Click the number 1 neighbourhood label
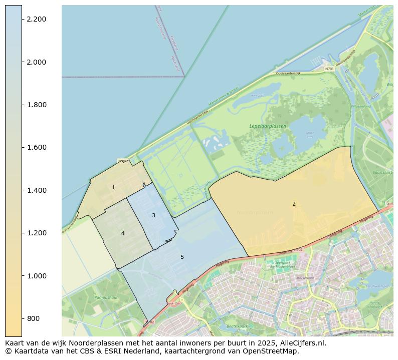(113, 187)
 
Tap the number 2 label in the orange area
(294, 204)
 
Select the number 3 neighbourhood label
(153, 215)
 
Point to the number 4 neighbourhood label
(123, 233)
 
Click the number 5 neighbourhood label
(182, 257)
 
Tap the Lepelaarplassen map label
(268, 126)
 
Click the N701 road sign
(329, 69)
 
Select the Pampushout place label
(106, 297)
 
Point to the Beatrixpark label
(237, 326)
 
